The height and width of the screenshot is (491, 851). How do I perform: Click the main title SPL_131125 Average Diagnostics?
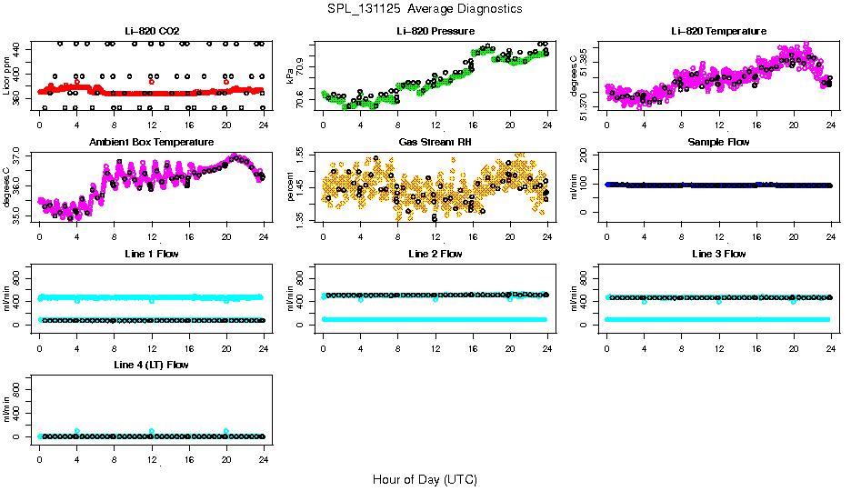point(425,8)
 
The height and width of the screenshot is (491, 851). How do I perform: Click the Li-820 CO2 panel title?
point(151,32)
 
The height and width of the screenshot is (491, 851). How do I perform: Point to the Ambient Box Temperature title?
point(151,143)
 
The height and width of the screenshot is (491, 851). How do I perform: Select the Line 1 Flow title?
point(151,254)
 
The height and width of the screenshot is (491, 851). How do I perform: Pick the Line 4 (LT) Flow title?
point(151,365)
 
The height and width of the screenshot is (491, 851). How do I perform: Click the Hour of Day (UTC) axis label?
point(425,479)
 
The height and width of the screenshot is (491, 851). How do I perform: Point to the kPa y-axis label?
point(290,75)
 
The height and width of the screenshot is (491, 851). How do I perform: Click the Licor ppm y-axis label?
point(6,75)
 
